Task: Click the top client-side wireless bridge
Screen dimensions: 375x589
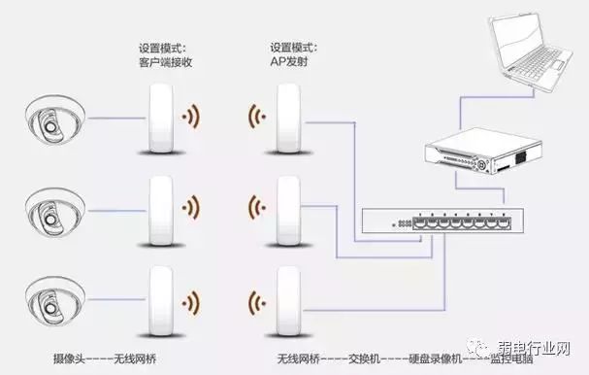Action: [x=161, y=117]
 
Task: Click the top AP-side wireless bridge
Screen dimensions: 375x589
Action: [x=286, y=117]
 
